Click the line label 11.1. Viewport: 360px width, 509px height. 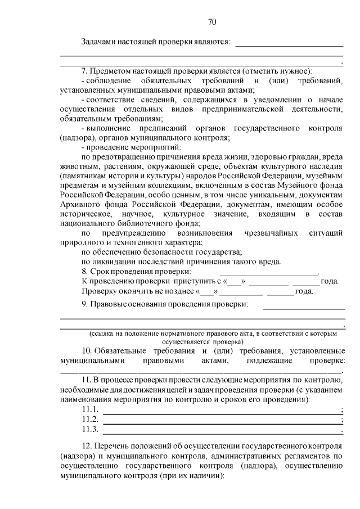point(90,409)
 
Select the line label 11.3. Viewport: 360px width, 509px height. point(90,430)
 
